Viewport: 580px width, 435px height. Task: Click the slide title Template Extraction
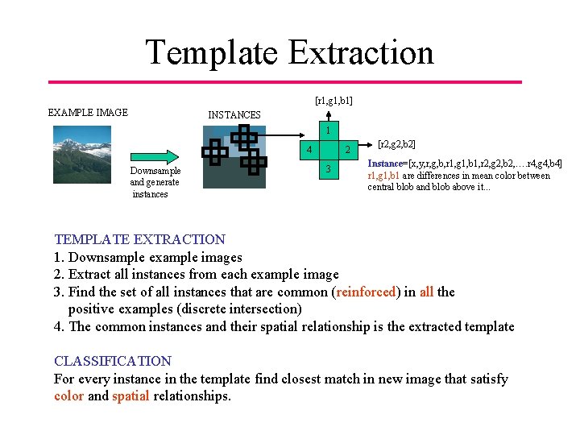coord(289,52)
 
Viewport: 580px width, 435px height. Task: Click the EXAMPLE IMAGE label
coord(88,112)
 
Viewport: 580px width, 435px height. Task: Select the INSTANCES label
coord(234,115)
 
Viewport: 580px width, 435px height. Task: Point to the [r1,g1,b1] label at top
coord(333,101)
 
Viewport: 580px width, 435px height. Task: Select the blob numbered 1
coord(329,130)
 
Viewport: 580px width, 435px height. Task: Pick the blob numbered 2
coord(347,149)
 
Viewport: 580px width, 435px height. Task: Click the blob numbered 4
coord(309,149)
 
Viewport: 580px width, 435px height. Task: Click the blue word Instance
coord(387,164)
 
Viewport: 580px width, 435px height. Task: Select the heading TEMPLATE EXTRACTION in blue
coord(139,239)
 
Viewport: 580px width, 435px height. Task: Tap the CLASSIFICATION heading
coord(112,361)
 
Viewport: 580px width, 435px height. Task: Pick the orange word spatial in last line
coord(130,396)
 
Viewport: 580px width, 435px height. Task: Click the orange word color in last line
coord(68,396)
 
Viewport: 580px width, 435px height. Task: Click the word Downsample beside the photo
coord(155,171)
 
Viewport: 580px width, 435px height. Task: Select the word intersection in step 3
coord(259,309)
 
